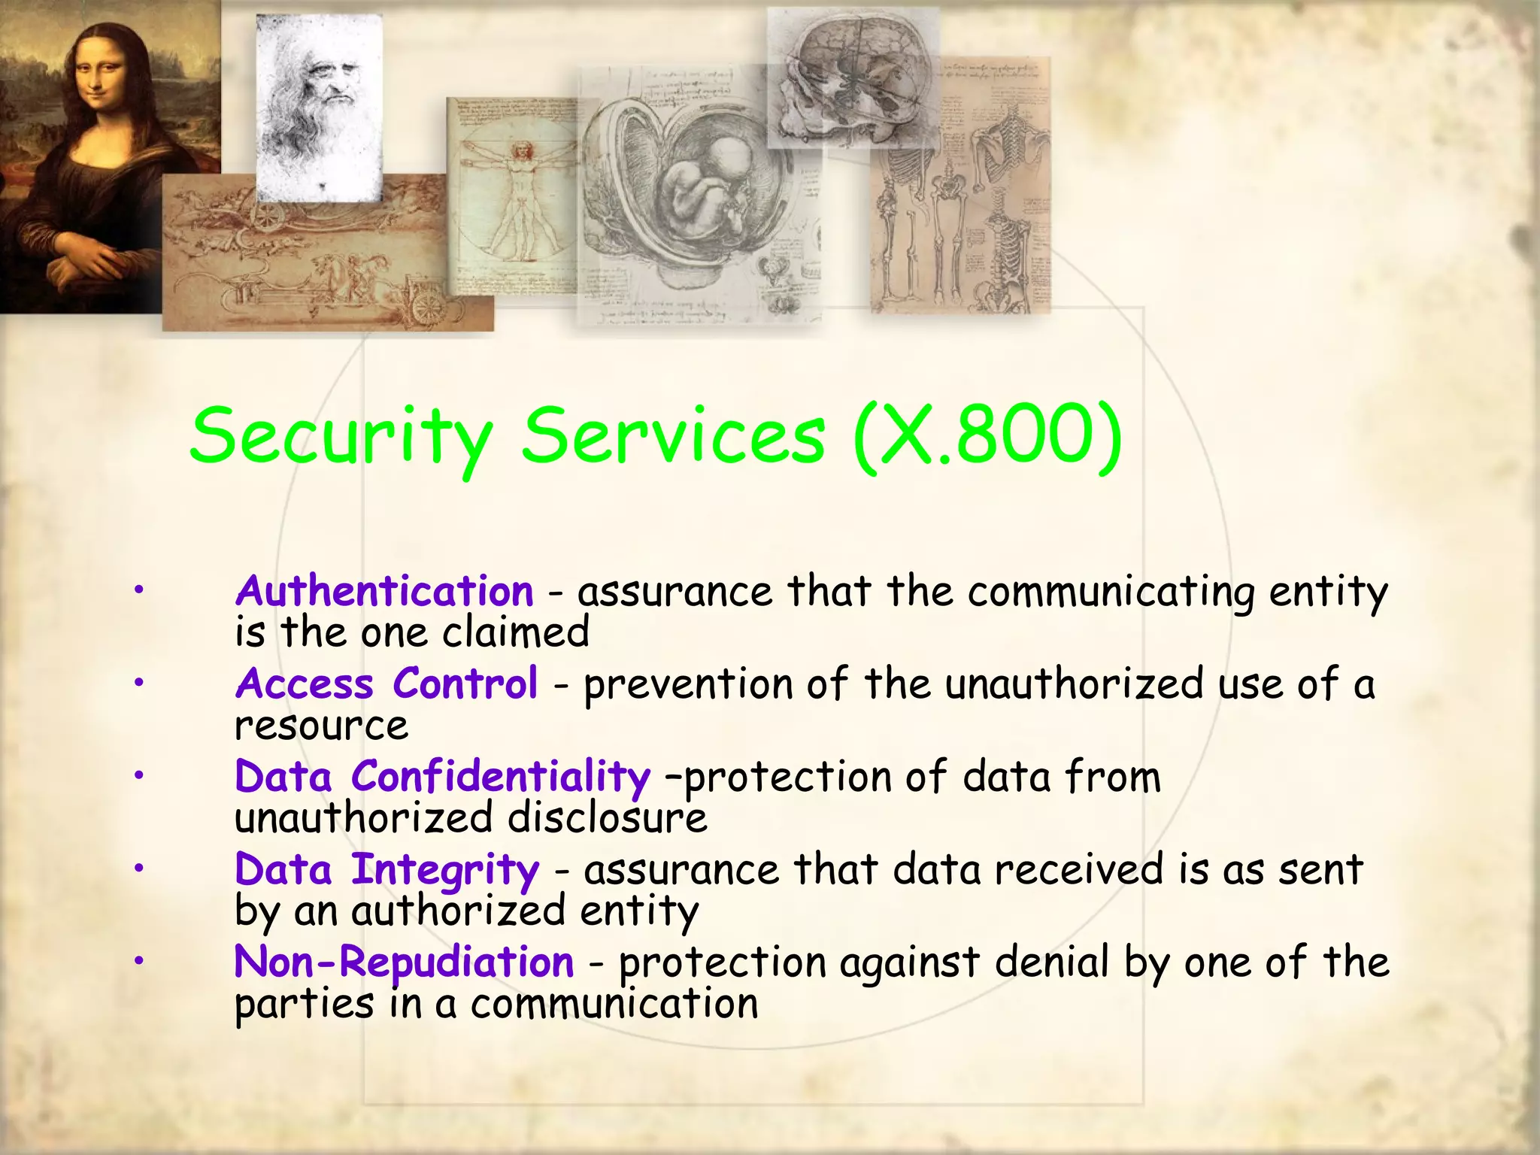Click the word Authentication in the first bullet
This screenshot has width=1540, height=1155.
pos(384,591)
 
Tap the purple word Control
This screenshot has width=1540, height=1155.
pos(465,684)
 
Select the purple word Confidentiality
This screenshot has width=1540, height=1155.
pos(500,777)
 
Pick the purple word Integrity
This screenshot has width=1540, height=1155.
pos(445,870)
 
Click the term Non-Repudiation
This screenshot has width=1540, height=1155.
pos(405,962)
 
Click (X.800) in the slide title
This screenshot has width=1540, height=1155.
pos(988,436)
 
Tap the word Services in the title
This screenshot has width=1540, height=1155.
pos(674,436)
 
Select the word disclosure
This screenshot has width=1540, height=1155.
pos(608,818)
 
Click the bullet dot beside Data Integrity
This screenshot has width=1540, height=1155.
pos(138,869)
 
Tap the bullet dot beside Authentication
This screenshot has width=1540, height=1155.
pos(138,590)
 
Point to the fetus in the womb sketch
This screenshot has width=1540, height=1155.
pos(703,188)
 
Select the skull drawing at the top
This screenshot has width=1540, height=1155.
pos(853,79)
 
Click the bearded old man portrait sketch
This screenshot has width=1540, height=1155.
pos(320,105)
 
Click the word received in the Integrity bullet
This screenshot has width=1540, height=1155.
pos(1079,870)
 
